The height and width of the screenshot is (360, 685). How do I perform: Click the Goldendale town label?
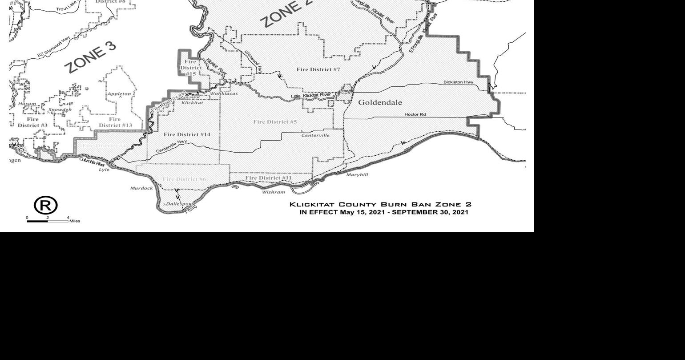click(x=380, y=102)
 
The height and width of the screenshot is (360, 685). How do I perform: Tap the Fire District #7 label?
click(x=318, y=69)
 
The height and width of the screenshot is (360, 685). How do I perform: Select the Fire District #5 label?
click(x=275, y=122)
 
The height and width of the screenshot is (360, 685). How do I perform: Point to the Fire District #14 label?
click(x=187, y=134)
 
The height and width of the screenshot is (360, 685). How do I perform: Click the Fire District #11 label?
click(x=268, y=178)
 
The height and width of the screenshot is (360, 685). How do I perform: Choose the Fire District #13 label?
click(x=115, y=122)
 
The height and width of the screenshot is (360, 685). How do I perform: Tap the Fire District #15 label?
click(x=190, y=68)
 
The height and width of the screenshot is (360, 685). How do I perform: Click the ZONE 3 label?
click(x=90, y=58)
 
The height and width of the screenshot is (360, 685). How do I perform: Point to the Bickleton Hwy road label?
click(x=458, y=82)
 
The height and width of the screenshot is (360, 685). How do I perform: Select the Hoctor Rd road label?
click(x=415, y=115)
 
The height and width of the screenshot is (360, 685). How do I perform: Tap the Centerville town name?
click(x=315, y=135)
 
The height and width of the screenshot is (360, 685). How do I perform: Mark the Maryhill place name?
click(x=357, y=175)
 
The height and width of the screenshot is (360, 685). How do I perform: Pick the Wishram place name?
click(x=273, y=192)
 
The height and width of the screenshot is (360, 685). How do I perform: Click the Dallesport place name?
click(x=179, y=204)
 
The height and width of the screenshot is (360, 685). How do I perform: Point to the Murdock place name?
click(x=141, y=188)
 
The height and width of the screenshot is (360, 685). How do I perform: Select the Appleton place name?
click(x=119, y=94)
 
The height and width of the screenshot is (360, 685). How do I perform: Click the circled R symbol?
click(x=46, y=206)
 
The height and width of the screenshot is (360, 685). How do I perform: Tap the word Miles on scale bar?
click(x=75, y=221)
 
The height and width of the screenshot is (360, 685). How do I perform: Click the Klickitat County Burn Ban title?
click(x=380, y=205)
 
